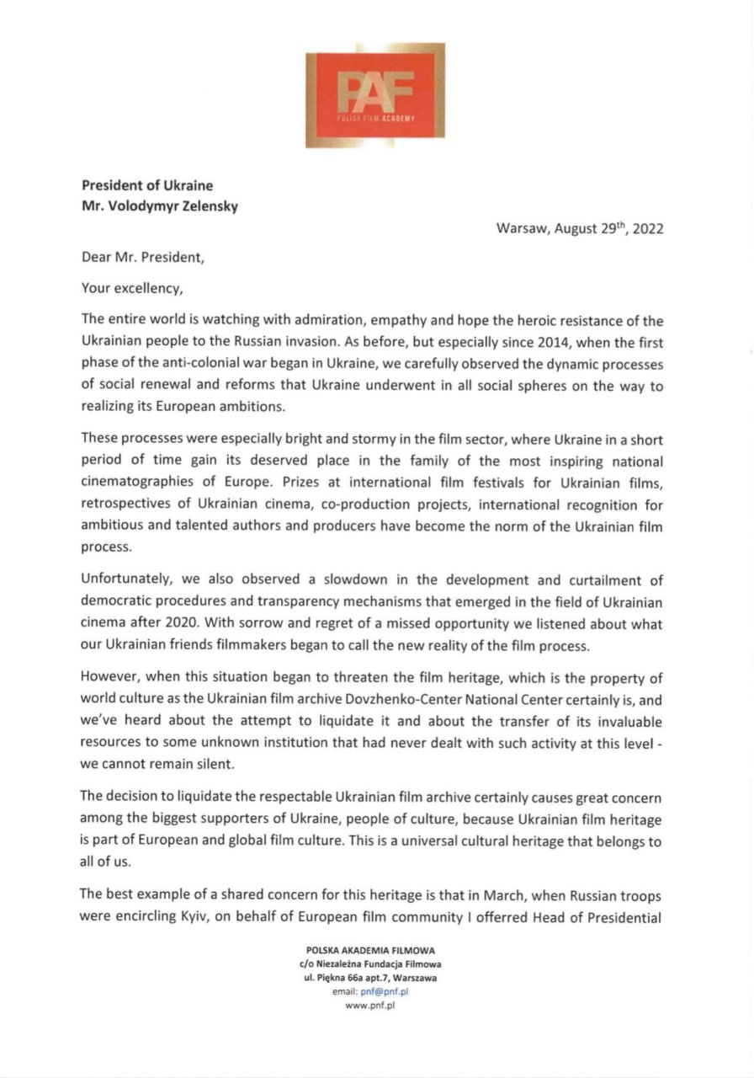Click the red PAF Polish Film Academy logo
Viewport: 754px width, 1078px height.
(x=374, y=94)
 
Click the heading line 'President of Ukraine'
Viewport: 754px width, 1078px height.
(x=147, y=185)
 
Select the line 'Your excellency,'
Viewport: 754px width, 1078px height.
(x=131, y=288)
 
